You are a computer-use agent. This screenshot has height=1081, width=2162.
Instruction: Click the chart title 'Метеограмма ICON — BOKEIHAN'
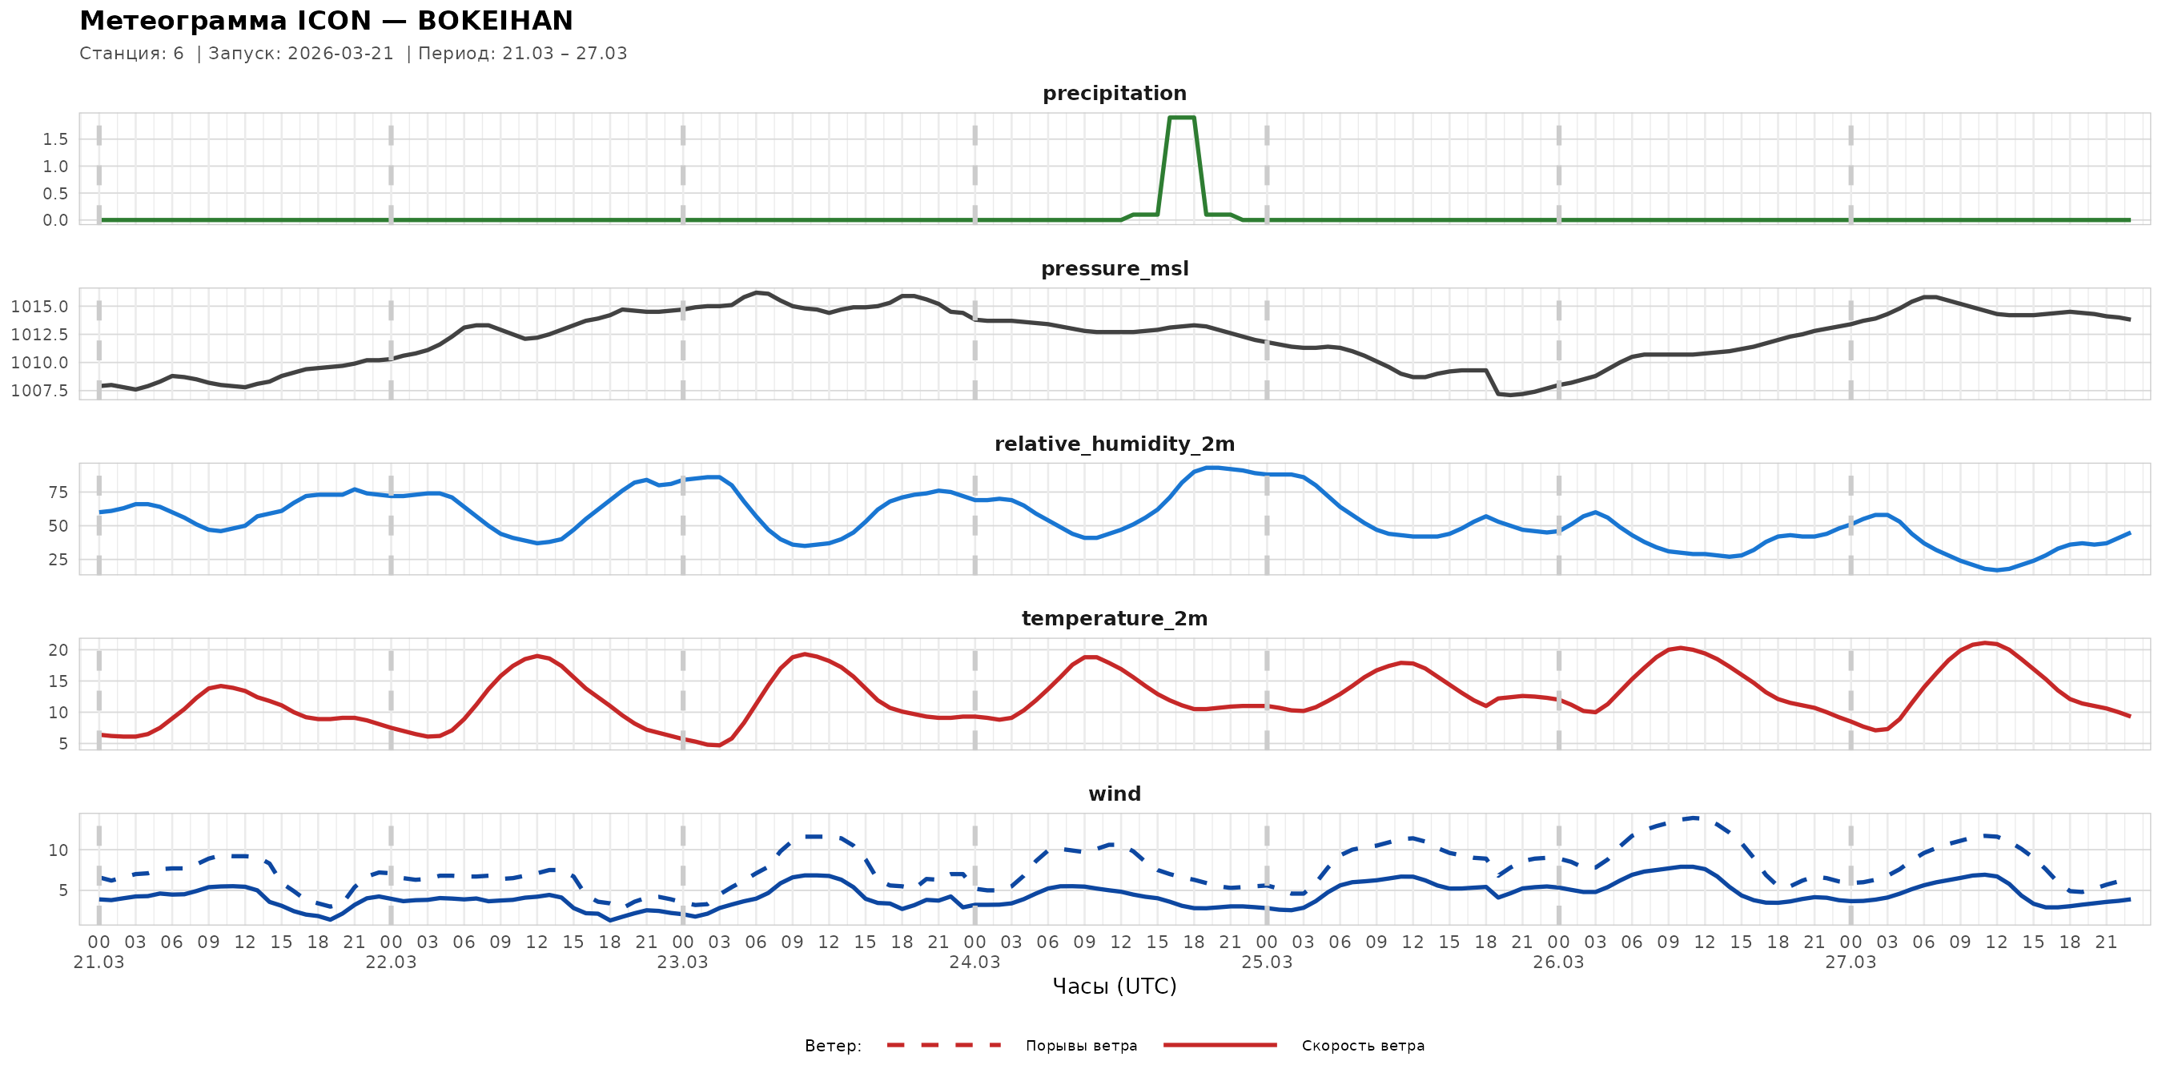coord(326,20)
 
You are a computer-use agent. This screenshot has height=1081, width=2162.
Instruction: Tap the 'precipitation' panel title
coord(1114,93)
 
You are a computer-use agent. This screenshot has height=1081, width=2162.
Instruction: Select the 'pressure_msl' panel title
coord(1114,268)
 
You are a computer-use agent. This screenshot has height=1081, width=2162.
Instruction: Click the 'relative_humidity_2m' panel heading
coord(1114,444)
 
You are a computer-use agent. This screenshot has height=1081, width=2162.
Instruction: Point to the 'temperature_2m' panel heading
coord(1114,618)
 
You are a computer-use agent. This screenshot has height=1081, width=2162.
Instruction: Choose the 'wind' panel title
coord(1114,794)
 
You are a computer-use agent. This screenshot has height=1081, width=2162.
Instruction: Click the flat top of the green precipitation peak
coord(1182,118)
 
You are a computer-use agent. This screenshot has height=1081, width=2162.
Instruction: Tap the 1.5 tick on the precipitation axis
coord(55,139)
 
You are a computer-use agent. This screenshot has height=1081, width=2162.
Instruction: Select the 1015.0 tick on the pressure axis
coord(39,307)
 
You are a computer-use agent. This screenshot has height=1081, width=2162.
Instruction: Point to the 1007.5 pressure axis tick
coord(39,390)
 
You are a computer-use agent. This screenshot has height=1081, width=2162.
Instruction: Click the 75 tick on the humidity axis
coord(58,492)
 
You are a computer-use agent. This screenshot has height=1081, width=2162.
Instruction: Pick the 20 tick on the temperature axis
coord(58,649)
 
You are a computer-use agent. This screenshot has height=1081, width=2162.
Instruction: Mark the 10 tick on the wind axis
coord(58,850)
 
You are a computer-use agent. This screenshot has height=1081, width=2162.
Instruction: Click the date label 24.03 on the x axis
coord(975,962)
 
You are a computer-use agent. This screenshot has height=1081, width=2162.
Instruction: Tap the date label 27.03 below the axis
coord(1850,962)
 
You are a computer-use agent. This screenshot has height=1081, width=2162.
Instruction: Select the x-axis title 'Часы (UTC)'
coord(1114,987)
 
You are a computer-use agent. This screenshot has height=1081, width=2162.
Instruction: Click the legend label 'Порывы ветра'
coord(1081,1046)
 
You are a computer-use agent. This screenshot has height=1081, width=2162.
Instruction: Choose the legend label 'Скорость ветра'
coord(1362,1046)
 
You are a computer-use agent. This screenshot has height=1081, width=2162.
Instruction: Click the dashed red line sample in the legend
coord(944,1046)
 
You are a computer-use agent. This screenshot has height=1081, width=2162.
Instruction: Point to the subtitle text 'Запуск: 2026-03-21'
coord(300,54)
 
